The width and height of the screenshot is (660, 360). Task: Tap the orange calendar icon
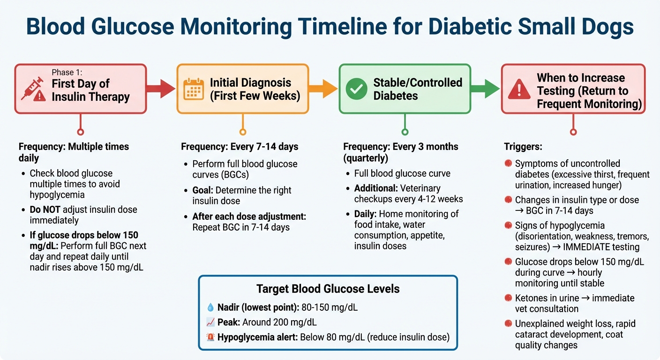pyautogui.click(x=194, y=89)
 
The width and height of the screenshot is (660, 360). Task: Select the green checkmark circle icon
pyautogui.click(x=356, y=89)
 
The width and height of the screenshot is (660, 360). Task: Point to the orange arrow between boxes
pyautogui.click(x=323, y=89)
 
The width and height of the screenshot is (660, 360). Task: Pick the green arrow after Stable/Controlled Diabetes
pyautogui.click(x=486, y=89)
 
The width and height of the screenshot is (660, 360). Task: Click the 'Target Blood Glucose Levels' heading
pyautogui.click(x=328, y=288)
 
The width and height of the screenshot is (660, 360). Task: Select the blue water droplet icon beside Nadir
pyautogui.click(x=210, y=307)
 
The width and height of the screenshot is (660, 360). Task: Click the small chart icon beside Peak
pyautogui.click(x=210, y=322)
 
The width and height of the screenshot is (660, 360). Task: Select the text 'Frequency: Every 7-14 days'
pyautogui.click(x=240, y=147)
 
